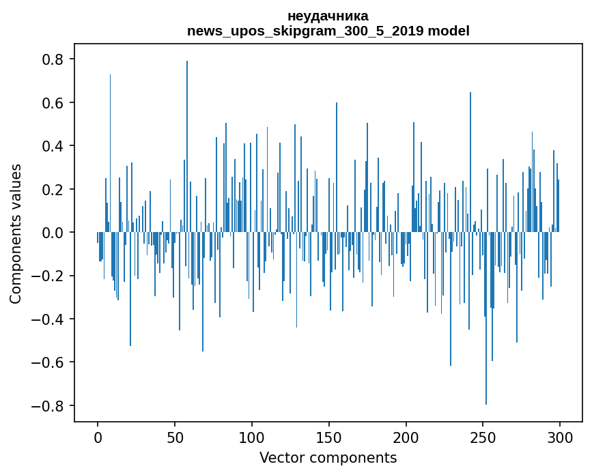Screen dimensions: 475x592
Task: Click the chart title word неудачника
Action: pos(328,16)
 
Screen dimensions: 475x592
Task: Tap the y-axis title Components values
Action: pos(16,233)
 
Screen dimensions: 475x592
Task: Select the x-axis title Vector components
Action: pos(328,457)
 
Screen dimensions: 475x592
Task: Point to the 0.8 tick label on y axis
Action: pos(54,59)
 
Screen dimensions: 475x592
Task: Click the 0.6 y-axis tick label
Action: pos(54,103)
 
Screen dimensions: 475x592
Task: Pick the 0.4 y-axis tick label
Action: pos(54,146)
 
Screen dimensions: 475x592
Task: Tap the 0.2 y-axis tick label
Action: pos(54,189)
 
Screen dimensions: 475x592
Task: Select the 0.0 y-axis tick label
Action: pos(54,233)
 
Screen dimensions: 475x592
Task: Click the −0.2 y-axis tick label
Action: pos(49,276)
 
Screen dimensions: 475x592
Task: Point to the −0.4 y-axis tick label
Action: pos(49,319)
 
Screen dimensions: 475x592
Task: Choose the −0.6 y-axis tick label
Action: pos(49,362)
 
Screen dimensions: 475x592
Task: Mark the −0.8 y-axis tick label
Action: pos(49,406)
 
